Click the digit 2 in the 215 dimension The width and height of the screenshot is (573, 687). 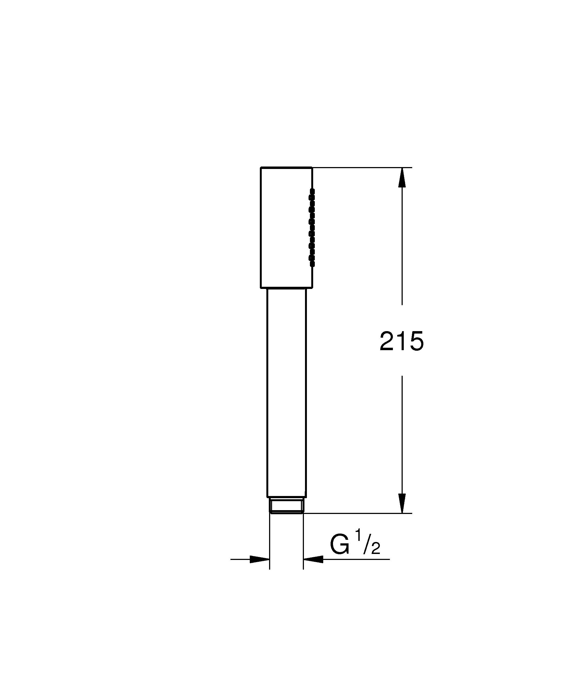(387, 341)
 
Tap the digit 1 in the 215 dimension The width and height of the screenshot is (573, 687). (401, 341)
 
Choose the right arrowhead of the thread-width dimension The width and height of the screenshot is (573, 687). (313, 559)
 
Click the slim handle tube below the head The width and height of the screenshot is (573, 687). (286, 393)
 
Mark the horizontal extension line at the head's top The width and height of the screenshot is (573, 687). (360, 168)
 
